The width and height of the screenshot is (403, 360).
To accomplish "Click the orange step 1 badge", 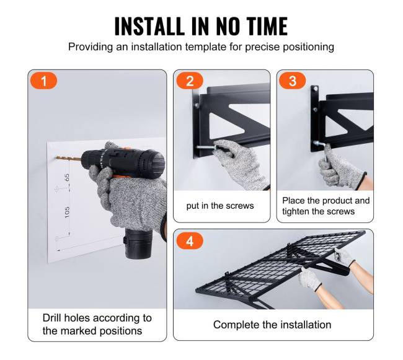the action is (44, 81).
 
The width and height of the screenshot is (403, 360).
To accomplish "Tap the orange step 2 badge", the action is (190, 81).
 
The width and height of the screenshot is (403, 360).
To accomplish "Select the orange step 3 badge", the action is (293, 81).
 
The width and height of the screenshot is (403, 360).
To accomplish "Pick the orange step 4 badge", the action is (190, 241).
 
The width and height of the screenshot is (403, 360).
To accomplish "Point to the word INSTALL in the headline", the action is (149, 26).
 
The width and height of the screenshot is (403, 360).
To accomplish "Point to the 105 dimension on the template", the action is (67, 212).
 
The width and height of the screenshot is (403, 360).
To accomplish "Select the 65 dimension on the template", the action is (67, 177).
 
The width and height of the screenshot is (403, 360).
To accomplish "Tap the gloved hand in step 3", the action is (339, 167).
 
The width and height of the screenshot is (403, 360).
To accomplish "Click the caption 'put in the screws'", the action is (220, 206).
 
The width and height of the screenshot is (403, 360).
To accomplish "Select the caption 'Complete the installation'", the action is (272, 325).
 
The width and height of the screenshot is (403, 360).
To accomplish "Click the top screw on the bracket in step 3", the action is (315, 89).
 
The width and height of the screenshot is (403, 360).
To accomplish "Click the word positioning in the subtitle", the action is (308, 47).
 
